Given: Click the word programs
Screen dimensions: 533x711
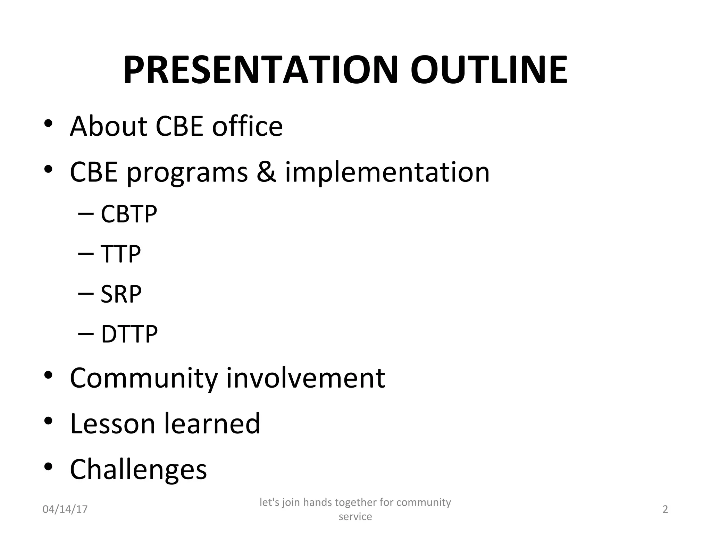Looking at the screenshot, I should point(187,173).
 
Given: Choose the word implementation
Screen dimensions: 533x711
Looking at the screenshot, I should point(387,172).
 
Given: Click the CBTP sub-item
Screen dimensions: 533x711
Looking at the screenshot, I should point(129,214).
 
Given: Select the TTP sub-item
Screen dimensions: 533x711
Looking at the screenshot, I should point(120,254).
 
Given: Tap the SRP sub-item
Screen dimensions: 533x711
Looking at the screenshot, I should point(121,294).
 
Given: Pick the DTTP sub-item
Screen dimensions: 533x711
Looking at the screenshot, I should point(129,334).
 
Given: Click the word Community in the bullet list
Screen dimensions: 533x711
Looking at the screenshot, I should point(144,378).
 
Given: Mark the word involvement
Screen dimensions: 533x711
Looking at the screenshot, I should point(306,378).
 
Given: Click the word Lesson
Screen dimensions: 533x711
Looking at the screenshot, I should point(112,423).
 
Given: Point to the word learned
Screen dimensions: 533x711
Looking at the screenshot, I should point(212,423).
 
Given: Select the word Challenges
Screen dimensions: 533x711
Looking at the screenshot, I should point(138,469).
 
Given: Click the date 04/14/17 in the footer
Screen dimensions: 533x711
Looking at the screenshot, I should point(65,509).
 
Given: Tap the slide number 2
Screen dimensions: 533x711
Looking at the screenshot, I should point(665,509).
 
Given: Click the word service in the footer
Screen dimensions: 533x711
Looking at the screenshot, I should point(355,517).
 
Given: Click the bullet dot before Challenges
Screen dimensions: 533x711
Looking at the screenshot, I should point(48,467).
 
